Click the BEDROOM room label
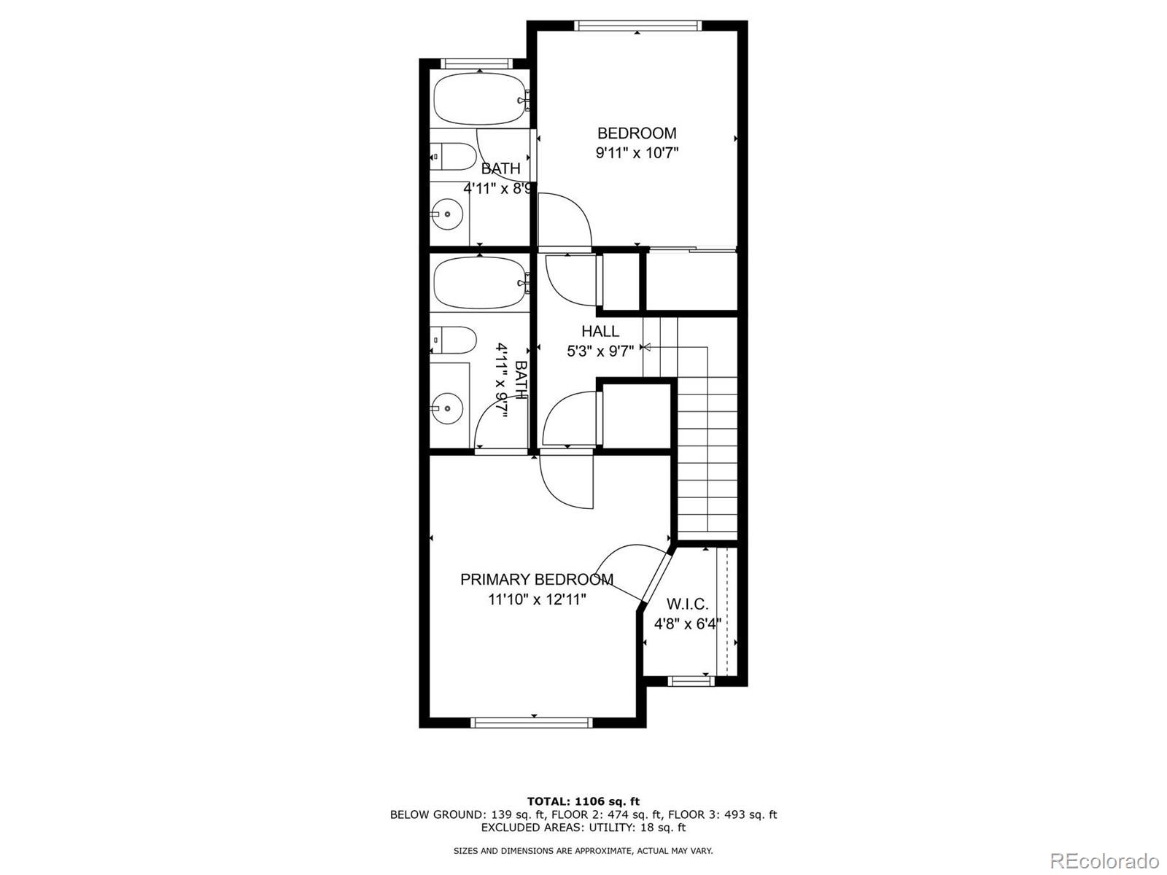point(637,133)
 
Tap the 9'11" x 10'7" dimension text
point(637,153)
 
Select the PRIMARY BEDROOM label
point(536,580)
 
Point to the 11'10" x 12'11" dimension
point(538,599)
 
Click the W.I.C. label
point(687,604)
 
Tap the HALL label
point(600,332)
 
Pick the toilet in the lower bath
point(452,340)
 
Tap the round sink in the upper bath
point(446,214)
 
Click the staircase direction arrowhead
point(645,348)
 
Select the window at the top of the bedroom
point(637,26)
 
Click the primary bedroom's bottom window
point(532,722)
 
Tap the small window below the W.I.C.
point(690,681)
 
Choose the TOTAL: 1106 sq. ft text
point(583,801)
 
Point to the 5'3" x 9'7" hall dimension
point(600,351)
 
